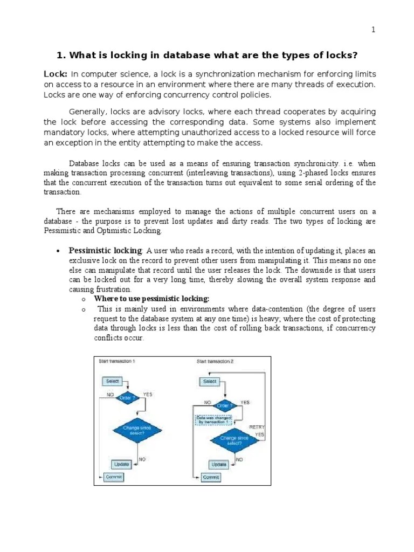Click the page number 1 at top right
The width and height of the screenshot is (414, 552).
[x=372, y=30]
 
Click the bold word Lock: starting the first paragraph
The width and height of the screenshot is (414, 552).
[x=55, y=74]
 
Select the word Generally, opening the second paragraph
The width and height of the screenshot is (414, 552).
[x=87, y=112]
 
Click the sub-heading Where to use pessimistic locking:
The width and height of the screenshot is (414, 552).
[x=151, y=299]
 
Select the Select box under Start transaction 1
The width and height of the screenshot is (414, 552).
[x=112, y=381]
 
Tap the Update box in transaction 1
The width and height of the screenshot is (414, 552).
[x=121, y=464]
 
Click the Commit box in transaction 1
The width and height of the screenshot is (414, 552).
[x=114, y=477]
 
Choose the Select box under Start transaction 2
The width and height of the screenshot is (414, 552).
[x=210, y=381]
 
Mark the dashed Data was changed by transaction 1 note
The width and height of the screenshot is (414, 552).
[x=213, y=419]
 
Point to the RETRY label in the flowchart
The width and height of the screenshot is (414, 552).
[x=256, y=426]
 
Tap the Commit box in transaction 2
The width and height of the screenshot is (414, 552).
[x=211, y=478]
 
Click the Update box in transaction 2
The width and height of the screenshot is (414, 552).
[x=218, y=464]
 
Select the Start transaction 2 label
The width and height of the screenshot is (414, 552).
[x=215, y=362]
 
